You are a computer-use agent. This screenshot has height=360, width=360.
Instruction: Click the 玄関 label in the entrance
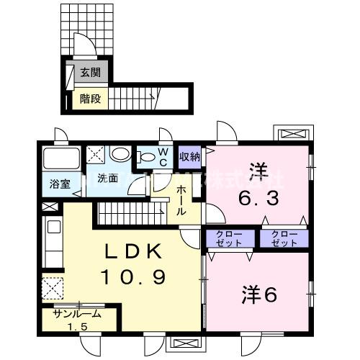pyautogui.click(x=90, y=72)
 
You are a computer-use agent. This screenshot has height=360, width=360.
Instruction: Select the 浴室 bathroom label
pyautogui.click(x=59, y=184)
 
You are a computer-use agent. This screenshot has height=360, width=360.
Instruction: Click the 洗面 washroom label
pyautogui.click(x=108, y=179)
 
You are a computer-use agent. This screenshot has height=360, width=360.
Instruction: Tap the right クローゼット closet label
pyautogui.click(x=283, y=238)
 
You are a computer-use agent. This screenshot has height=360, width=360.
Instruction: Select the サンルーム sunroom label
pyautogui.click(x=76, y=315)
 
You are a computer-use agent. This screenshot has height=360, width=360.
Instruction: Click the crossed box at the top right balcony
pyautogui.click(x=294, y=134)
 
